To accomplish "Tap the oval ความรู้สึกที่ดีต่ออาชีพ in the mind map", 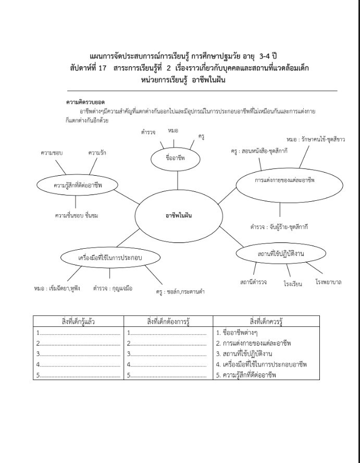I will coord(78,185).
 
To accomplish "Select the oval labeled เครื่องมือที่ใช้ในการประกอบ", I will coord(110,258).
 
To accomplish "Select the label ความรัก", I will coord(97,153).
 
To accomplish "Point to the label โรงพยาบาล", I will coord(329,282).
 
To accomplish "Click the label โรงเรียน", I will coord(293,284).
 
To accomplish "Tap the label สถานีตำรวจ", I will coord(254,282).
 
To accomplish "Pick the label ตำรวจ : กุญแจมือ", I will coord(113,287).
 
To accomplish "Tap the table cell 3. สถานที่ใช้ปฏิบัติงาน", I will coord(248,354).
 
